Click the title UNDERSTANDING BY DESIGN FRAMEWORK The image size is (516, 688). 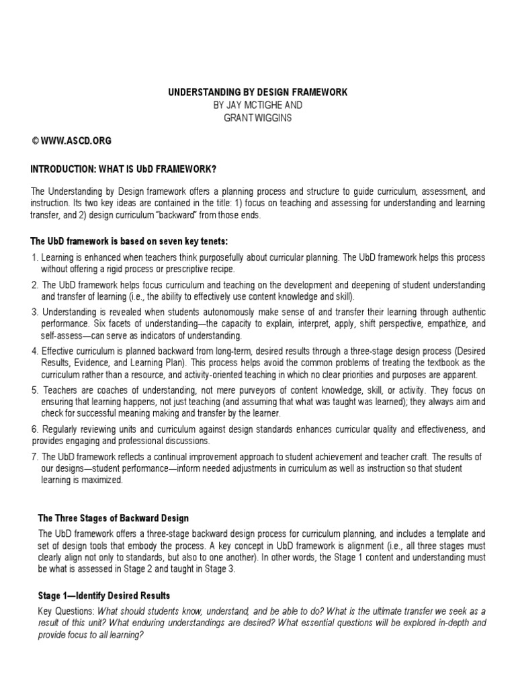point(257,92)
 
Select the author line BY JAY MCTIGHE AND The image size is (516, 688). point(257,105)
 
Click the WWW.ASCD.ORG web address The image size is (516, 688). point(76,141)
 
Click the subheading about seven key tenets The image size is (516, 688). point(132,241)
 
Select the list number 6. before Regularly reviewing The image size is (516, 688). point(35,429)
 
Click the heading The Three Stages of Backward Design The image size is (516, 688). point(114,518)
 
